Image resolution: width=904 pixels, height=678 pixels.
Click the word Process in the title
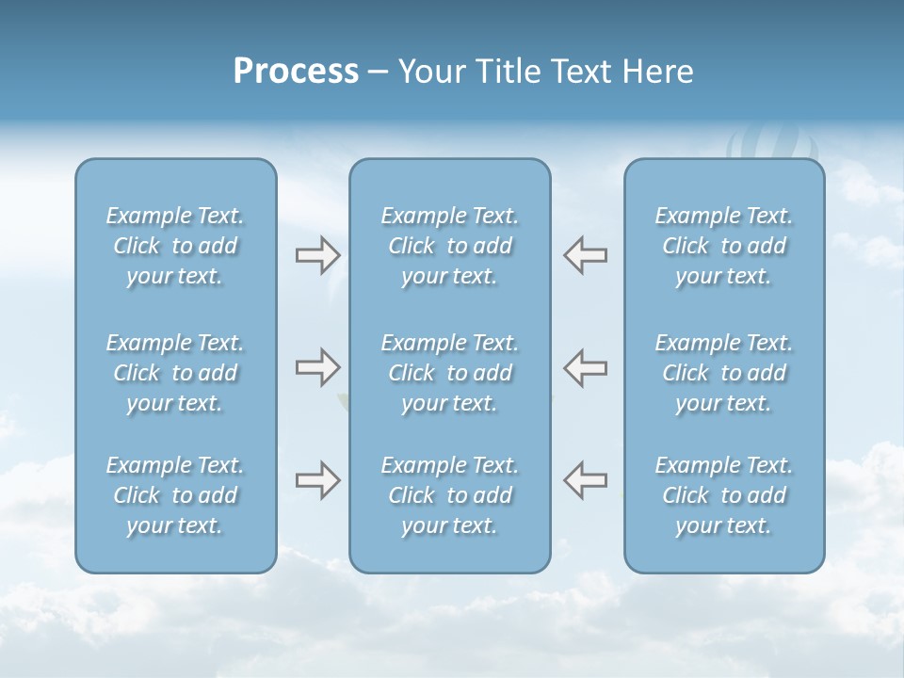coord(296,72)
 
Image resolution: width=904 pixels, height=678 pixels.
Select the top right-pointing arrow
coord(318,254)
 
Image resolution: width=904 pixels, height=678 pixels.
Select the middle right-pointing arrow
coord(318,367)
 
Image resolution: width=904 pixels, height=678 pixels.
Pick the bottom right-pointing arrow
coord(318,480)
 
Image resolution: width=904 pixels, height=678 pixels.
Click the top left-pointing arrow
coord(586,254)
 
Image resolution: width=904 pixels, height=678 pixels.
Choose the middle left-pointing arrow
coord(586,367)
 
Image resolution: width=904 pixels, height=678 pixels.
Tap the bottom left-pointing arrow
coord(586,480)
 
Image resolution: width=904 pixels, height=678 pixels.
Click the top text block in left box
coord(175,246)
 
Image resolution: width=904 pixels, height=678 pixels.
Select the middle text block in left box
coord(175,373)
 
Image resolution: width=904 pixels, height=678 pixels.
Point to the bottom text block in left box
coord(175,495)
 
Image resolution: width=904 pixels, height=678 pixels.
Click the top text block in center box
coord(450,246)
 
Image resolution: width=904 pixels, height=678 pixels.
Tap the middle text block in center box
coord(450,373)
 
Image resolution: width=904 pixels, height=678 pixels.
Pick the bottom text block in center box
coord(450,495)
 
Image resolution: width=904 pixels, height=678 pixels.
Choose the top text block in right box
coord(724,246)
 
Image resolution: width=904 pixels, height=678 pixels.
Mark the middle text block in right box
coord(724,373)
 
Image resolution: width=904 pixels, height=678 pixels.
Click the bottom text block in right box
coord(724,495)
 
